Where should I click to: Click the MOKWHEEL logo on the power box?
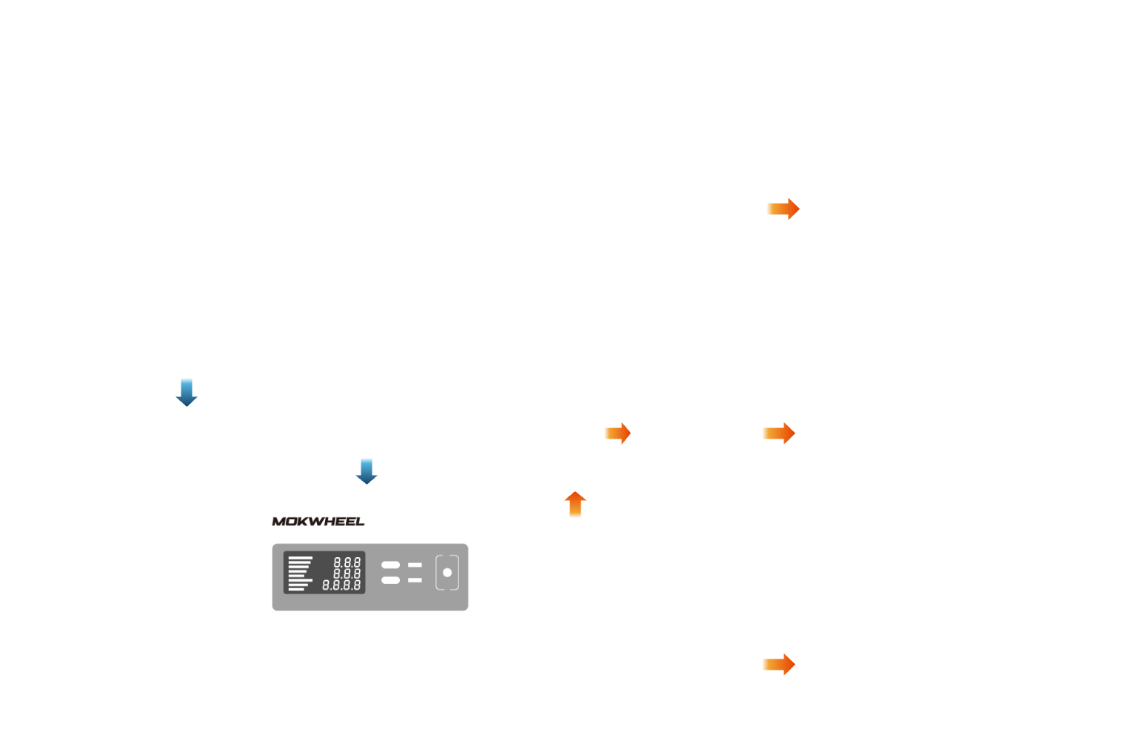click(318, 522)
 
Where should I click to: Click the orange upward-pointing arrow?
click(575, 504)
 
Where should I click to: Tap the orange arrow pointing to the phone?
click(783, 209)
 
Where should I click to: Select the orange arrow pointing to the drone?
click(778, 665)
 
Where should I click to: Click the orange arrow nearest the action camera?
click(778, 433)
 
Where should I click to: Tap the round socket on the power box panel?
click(447, 573)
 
